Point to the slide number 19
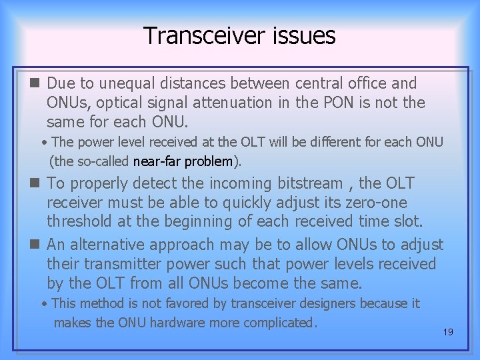(447, 331)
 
